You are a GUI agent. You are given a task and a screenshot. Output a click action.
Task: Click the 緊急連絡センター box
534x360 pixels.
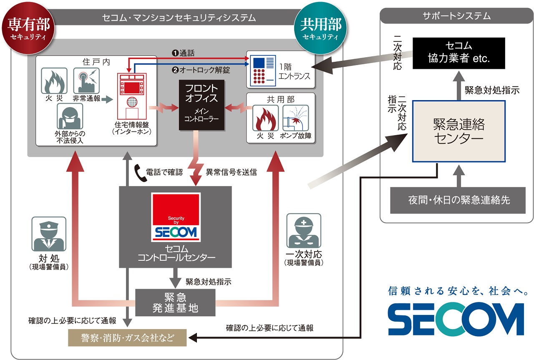(459, 131)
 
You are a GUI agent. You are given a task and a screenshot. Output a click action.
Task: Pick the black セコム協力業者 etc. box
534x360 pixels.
(459, 53)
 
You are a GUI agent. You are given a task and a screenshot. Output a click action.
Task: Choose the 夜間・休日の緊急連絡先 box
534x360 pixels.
(459, 200)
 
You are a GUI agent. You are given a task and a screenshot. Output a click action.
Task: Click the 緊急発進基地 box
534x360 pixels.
(176, 302)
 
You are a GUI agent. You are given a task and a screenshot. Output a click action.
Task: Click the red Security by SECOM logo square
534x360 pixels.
(176, 217)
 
